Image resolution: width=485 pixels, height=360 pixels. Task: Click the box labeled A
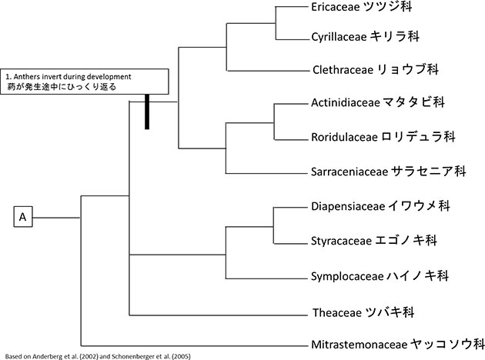[x=23, y=218]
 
